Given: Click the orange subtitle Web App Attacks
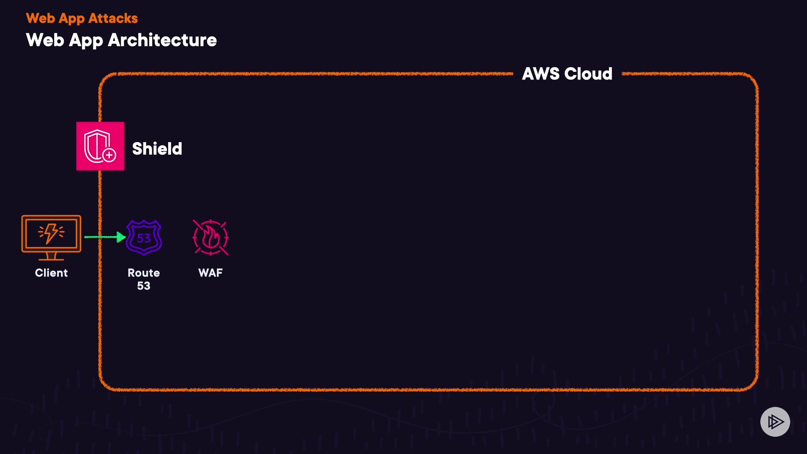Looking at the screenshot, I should tap(82, 18).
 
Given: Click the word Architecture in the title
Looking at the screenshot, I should tap(162, 40).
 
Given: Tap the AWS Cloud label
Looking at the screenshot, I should tap(567, 74).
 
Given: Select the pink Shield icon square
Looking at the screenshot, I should tap(100, 146).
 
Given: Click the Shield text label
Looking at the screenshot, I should tap(157, 149).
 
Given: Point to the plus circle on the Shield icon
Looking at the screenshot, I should tap(109, 156).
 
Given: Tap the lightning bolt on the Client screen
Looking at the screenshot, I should tap(51, 233).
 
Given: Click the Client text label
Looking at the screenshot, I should tap(51, 273).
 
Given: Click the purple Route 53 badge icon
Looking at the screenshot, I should tap(144, 238).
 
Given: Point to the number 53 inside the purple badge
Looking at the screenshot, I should tap(144, 238).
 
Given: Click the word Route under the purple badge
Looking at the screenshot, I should tap(144, 273).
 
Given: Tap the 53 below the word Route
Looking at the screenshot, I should tap(144, 286).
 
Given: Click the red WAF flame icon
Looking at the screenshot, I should tap(211, 238).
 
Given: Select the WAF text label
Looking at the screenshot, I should tap(211, 273).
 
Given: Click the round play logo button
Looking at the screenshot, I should tap(775, 422).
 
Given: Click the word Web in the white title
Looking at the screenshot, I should tap(45, 40).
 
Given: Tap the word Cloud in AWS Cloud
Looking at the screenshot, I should tap(588, 74).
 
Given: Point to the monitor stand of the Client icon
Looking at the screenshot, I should tap(51, 256).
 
